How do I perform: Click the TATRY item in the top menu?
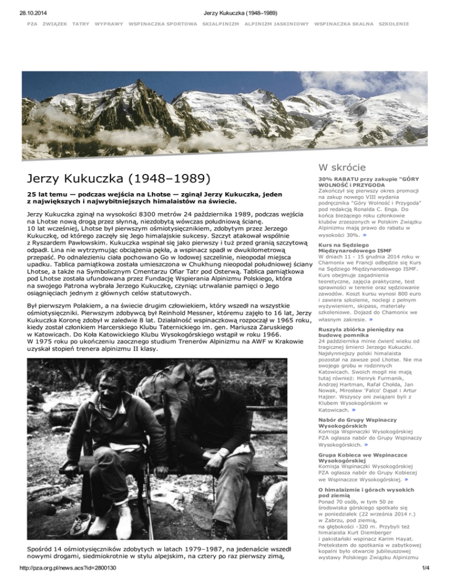pos(80,24)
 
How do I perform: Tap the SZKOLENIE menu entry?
pos(394,24)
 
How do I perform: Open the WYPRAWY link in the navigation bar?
pos(108,24)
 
